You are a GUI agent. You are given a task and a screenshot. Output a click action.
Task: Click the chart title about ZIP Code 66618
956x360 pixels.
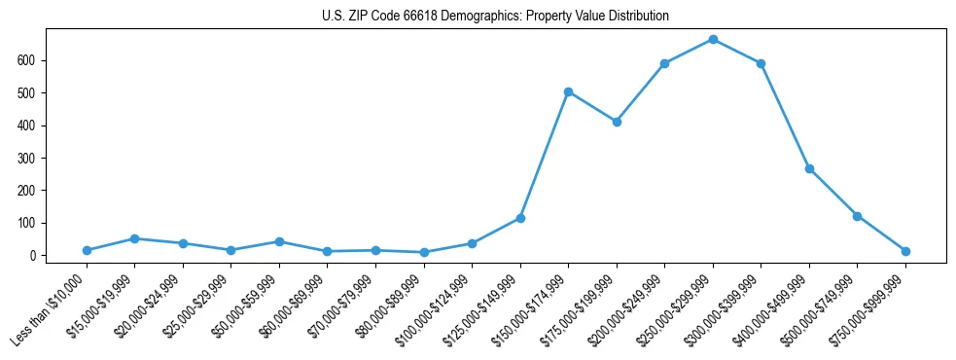click(495, 17)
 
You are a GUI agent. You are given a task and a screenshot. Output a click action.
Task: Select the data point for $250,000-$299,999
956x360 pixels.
click(713, 40)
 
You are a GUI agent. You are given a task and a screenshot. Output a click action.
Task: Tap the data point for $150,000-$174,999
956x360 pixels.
click(568, 91)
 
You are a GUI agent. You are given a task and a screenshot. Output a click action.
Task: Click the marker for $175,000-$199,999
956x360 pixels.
click(617, 122)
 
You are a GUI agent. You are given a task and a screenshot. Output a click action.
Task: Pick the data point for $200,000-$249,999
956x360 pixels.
click(664, 63)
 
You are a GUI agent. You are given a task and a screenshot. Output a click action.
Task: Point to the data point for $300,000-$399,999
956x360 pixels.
click(761, 63)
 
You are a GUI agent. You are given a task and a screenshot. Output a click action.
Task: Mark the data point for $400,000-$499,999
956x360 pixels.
click(809, 168)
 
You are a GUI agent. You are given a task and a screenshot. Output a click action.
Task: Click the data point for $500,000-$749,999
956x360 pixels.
click(857, 216)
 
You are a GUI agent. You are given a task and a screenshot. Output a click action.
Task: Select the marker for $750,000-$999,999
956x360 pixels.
click(905, 251)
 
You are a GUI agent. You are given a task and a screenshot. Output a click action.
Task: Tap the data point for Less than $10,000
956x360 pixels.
click(87, 250)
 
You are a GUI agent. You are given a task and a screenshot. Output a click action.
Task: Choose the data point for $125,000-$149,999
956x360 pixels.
click(520, 218)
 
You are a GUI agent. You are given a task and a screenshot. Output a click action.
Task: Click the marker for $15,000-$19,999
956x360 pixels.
click(135, 238)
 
